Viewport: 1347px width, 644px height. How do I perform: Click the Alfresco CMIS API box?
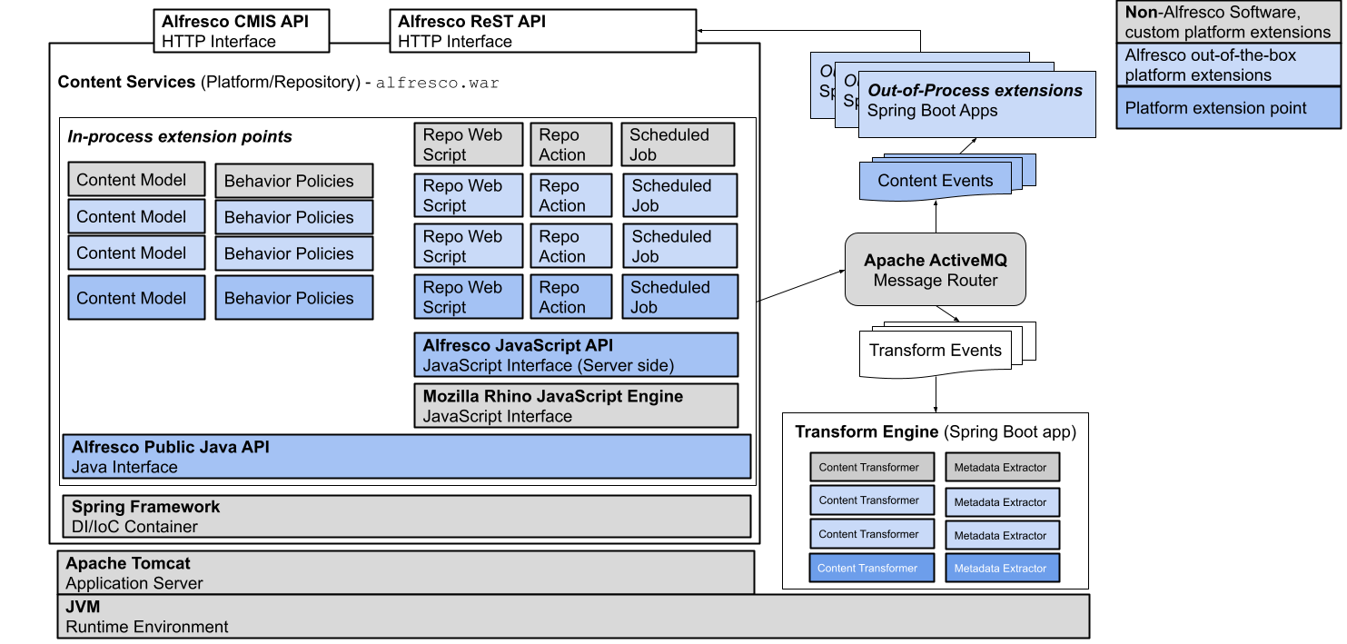tap(241, 31)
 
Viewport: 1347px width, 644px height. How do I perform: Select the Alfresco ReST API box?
tap(542, 31)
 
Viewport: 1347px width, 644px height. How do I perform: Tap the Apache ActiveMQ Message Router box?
tap(935, 270)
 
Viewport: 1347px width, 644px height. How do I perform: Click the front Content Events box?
tap(935, 181)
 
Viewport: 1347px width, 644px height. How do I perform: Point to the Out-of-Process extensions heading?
tap(975, 91)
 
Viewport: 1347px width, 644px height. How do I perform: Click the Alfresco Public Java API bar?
tap(406, 457)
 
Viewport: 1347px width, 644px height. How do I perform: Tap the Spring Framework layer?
tap(406, 516)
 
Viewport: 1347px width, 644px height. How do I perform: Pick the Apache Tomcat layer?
tap(405, 573)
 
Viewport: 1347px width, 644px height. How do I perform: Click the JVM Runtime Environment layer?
tap(573, 617)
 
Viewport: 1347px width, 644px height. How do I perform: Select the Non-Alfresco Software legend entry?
tap(1228, 22)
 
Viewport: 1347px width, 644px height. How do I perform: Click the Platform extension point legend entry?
tap(1228, 108)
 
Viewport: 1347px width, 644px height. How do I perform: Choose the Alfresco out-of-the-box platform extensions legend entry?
tap(1228, 65)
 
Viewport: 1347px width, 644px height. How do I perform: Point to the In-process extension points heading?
tap(180, 137)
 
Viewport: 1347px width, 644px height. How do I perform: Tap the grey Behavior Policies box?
tap(293, 181)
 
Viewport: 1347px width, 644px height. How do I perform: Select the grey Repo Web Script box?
tap(468, 144)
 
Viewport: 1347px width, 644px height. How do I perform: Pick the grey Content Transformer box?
tap(871, 467)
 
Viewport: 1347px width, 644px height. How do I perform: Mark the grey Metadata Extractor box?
tap(1002, 467)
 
